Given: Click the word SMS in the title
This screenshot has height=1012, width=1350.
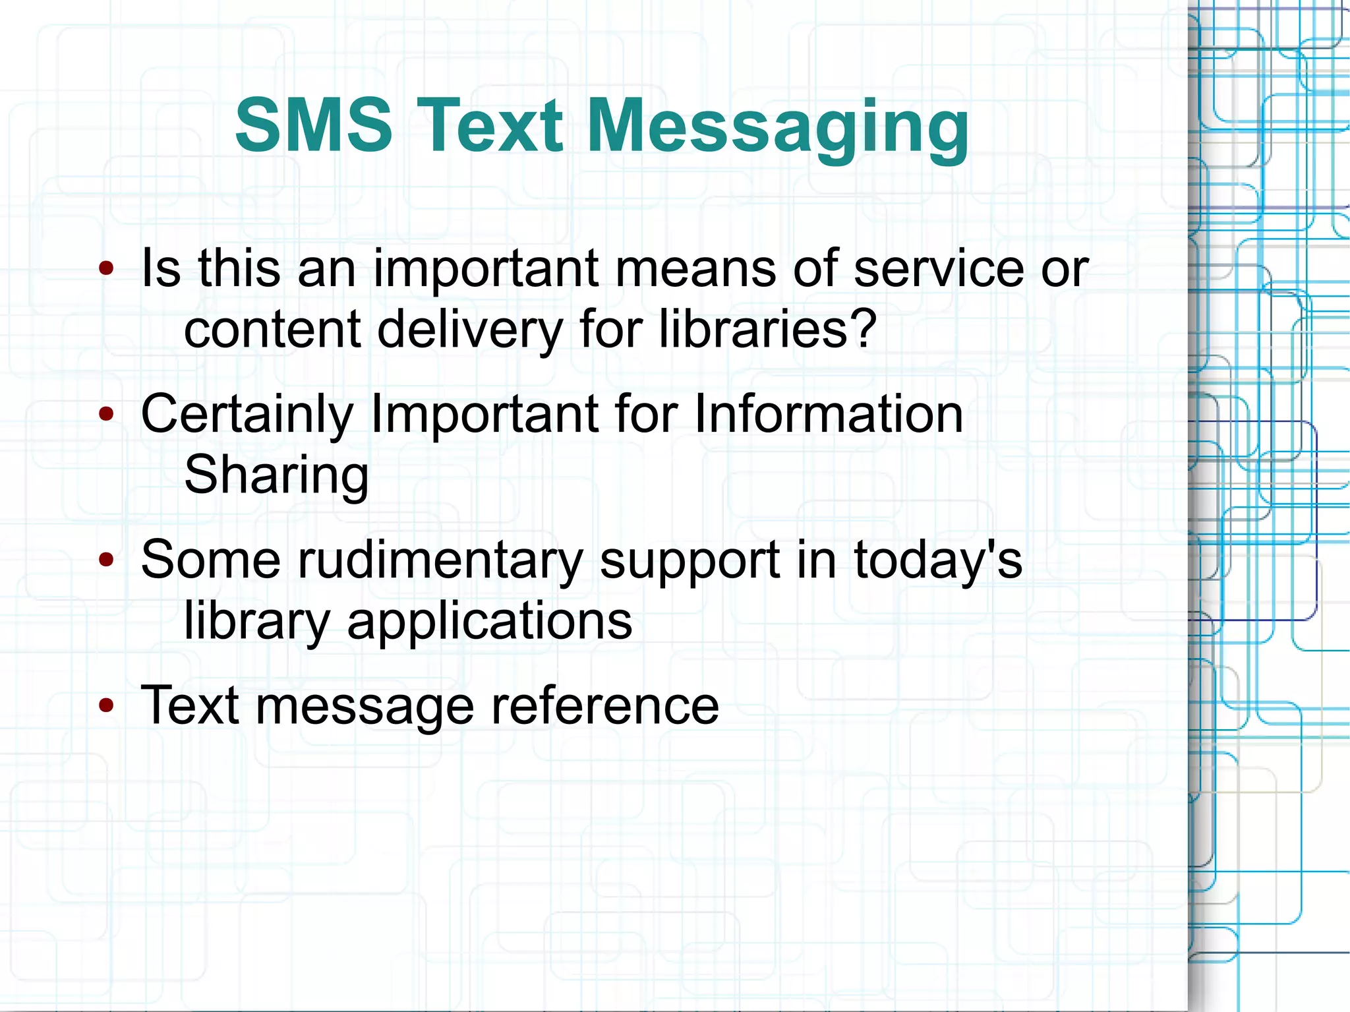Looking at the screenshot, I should pyautogui.click(x=314, y=125).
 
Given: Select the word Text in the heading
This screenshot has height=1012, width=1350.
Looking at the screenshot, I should pyautogui.click(x=490, y=125).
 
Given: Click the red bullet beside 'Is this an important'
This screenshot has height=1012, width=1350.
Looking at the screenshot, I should pyautogui.click(x=106, y=268).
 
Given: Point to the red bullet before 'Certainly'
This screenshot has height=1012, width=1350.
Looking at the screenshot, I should pyautogui.click(x=106, y=414).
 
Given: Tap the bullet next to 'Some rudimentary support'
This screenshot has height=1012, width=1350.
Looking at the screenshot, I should pyautogui.click(x=106, y=560).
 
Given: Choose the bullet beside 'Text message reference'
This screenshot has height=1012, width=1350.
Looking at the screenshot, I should pyautogui.click(x=106, y=705).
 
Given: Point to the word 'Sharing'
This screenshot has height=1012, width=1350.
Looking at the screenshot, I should pyautogui.click(x=276, y=475).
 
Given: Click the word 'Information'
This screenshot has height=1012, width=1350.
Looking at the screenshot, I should pyautogui.click(x=829, y=414).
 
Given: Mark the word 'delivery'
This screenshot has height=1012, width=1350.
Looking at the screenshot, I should pyautogui.click(x=469, y=330).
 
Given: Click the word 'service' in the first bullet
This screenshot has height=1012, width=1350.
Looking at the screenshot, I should pyautogui.click(x=938, y=269).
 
